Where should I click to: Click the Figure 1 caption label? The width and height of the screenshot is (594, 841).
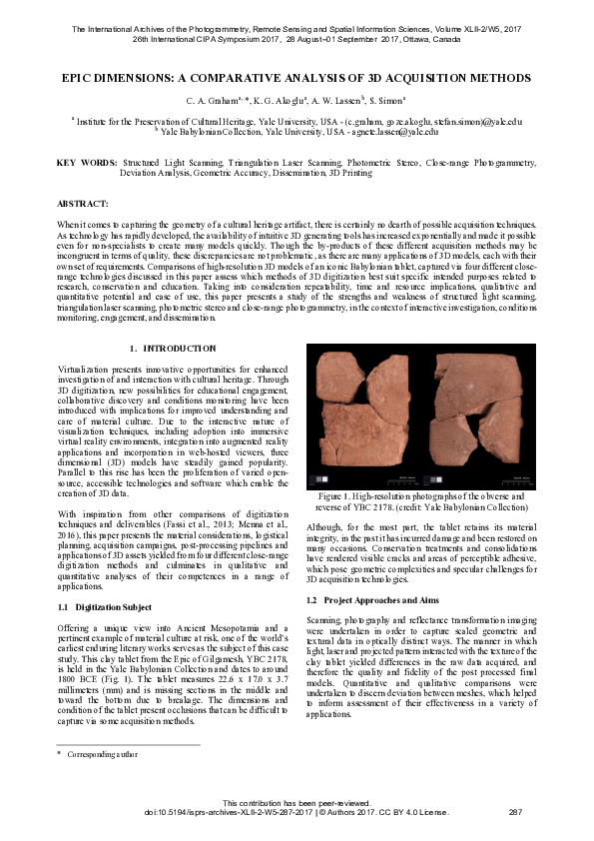[336, 496]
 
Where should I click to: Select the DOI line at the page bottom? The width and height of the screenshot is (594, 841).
[297, 811]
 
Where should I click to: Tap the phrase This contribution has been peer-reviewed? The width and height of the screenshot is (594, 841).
[297, 802]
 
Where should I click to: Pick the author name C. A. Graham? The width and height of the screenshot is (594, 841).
[212, 101]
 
